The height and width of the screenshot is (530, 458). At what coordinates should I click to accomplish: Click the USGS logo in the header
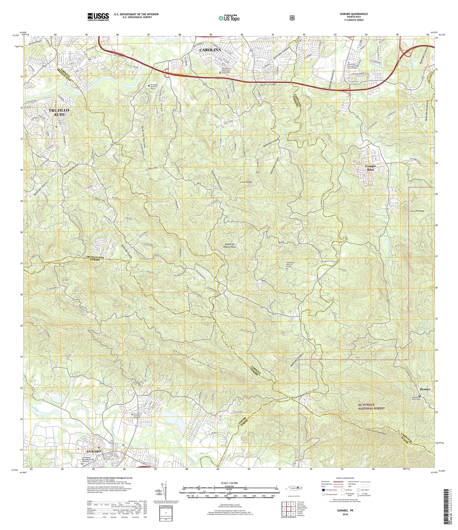coord(98,17)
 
